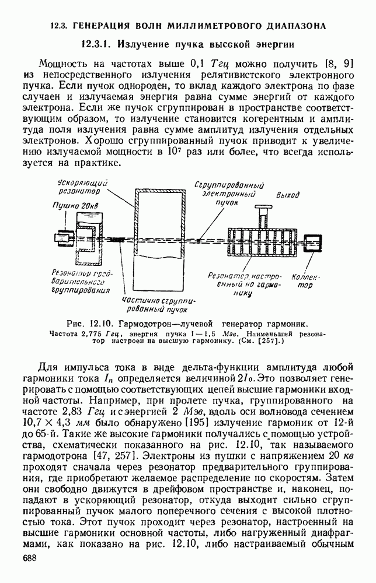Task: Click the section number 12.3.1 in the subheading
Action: click(99, 44)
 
